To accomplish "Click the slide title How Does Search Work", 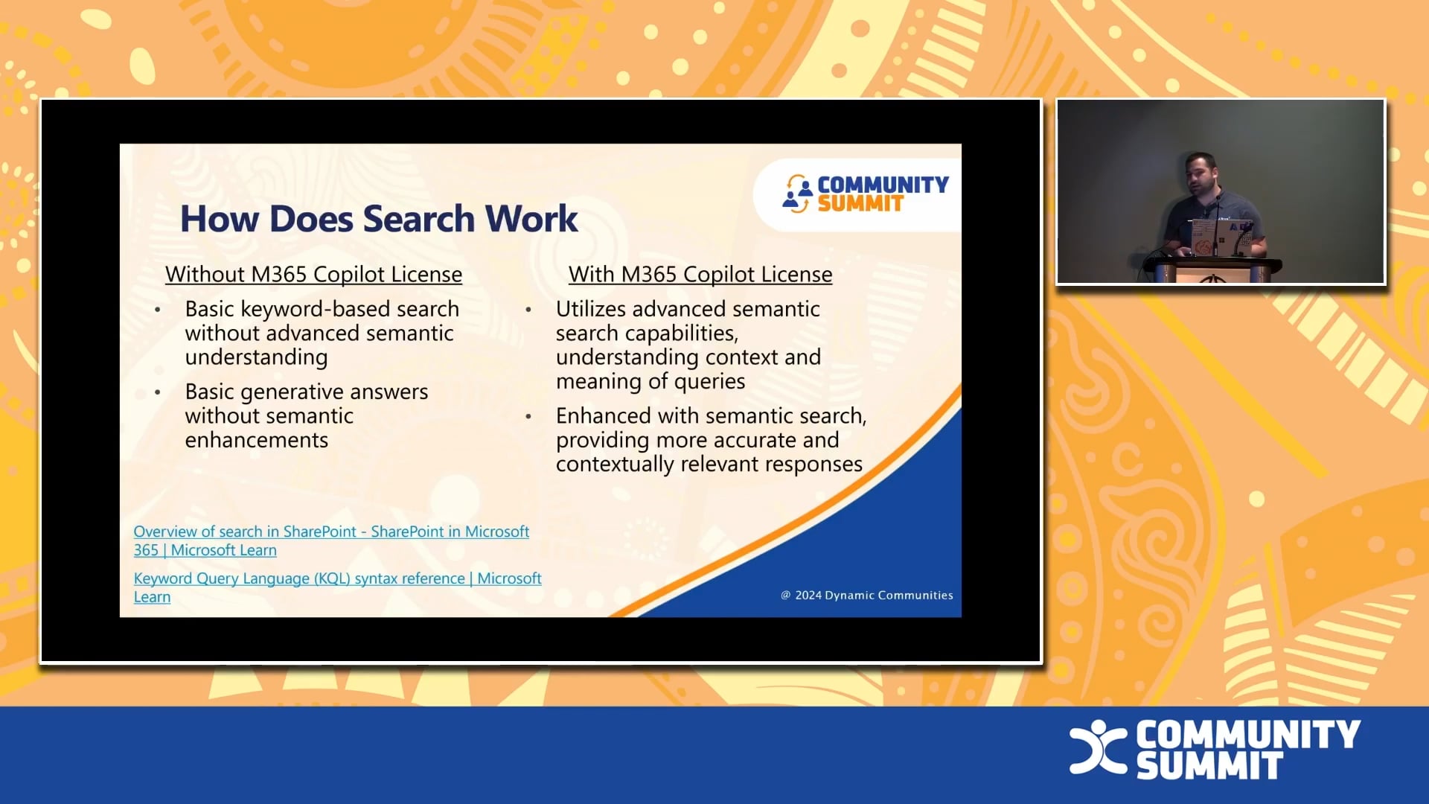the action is pos(379,219).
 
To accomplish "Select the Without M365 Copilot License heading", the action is pos(313,275).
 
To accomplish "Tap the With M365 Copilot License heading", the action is pos(700,275).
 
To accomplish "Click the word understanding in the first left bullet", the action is pos(256,357).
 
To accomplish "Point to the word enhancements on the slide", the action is pos(256,440).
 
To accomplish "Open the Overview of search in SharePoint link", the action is pos(331,540).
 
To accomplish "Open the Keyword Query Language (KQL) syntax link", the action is pos(337,587).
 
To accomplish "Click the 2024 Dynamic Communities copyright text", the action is pos(867,596).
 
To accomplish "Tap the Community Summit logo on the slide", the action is pos(865,194).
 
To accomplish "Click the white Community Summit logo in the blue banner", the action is pos(1215,749).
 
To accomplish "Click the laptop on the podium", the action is pos(1221,237).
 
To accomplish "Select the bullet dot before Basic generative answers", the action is pos(158,392).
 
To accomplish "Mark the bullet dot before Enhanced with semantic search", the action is pos(528,416).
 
